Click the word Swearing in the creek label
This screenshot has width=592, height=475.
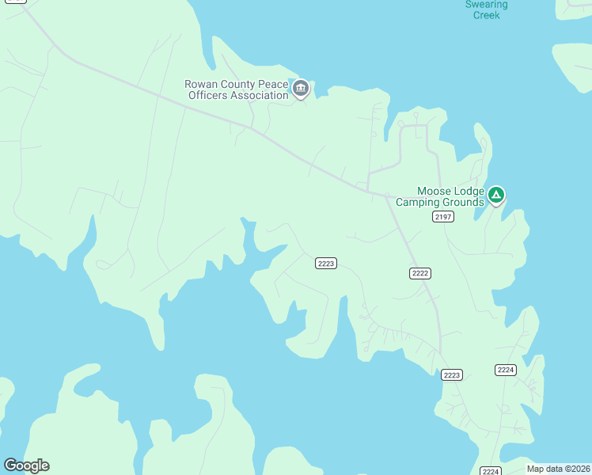click(x=486, y=5)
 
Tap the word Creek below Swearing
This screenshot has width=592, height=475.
click(x=486, y=15)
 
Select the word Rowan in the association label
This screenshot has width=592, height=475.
click(x=199, y=84)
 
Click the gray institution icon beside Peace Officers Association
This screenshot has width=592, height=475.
click(x=301, y=88)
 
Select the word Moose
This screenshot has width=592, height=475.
click(x=435, y=191)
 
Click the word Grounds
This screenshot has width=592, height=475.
click(x=463, y=203)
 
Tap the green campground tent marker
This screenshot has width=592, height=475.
click(x=496, y=194)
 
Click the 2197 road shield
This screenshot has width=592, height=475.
click(x=443, y=217)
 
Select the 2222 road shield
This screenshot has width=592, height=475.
click(x=420, y=273)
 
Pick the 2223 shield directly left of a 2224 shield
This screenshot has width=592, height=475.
click(x=452, y=375)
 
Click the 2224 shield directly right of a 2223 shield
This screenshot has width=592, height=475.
click(x=506, y=370)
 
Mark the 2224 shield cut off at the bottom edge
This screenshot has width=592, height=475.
click(x=491, y=471)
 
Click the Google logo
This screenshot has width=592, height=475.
click(x=26, y=465)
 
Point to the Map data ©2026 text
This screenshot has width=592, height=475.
click(x=558, y=469)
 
